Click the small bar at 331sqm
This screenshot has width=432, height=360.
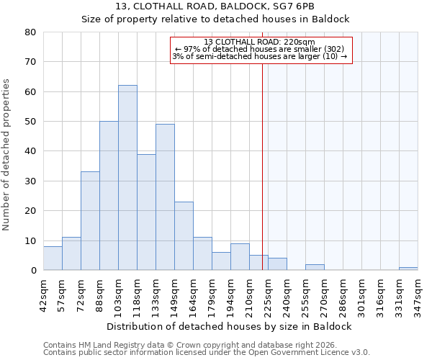408,269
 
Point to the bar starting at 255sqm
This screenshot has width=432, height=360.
315,267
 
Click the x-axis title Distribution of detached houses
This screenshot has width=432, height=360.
230,326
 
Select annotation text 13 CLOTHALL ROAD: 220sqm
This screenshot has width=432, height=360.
260,42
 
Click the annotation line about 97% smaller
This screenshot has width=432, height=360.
260,49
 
